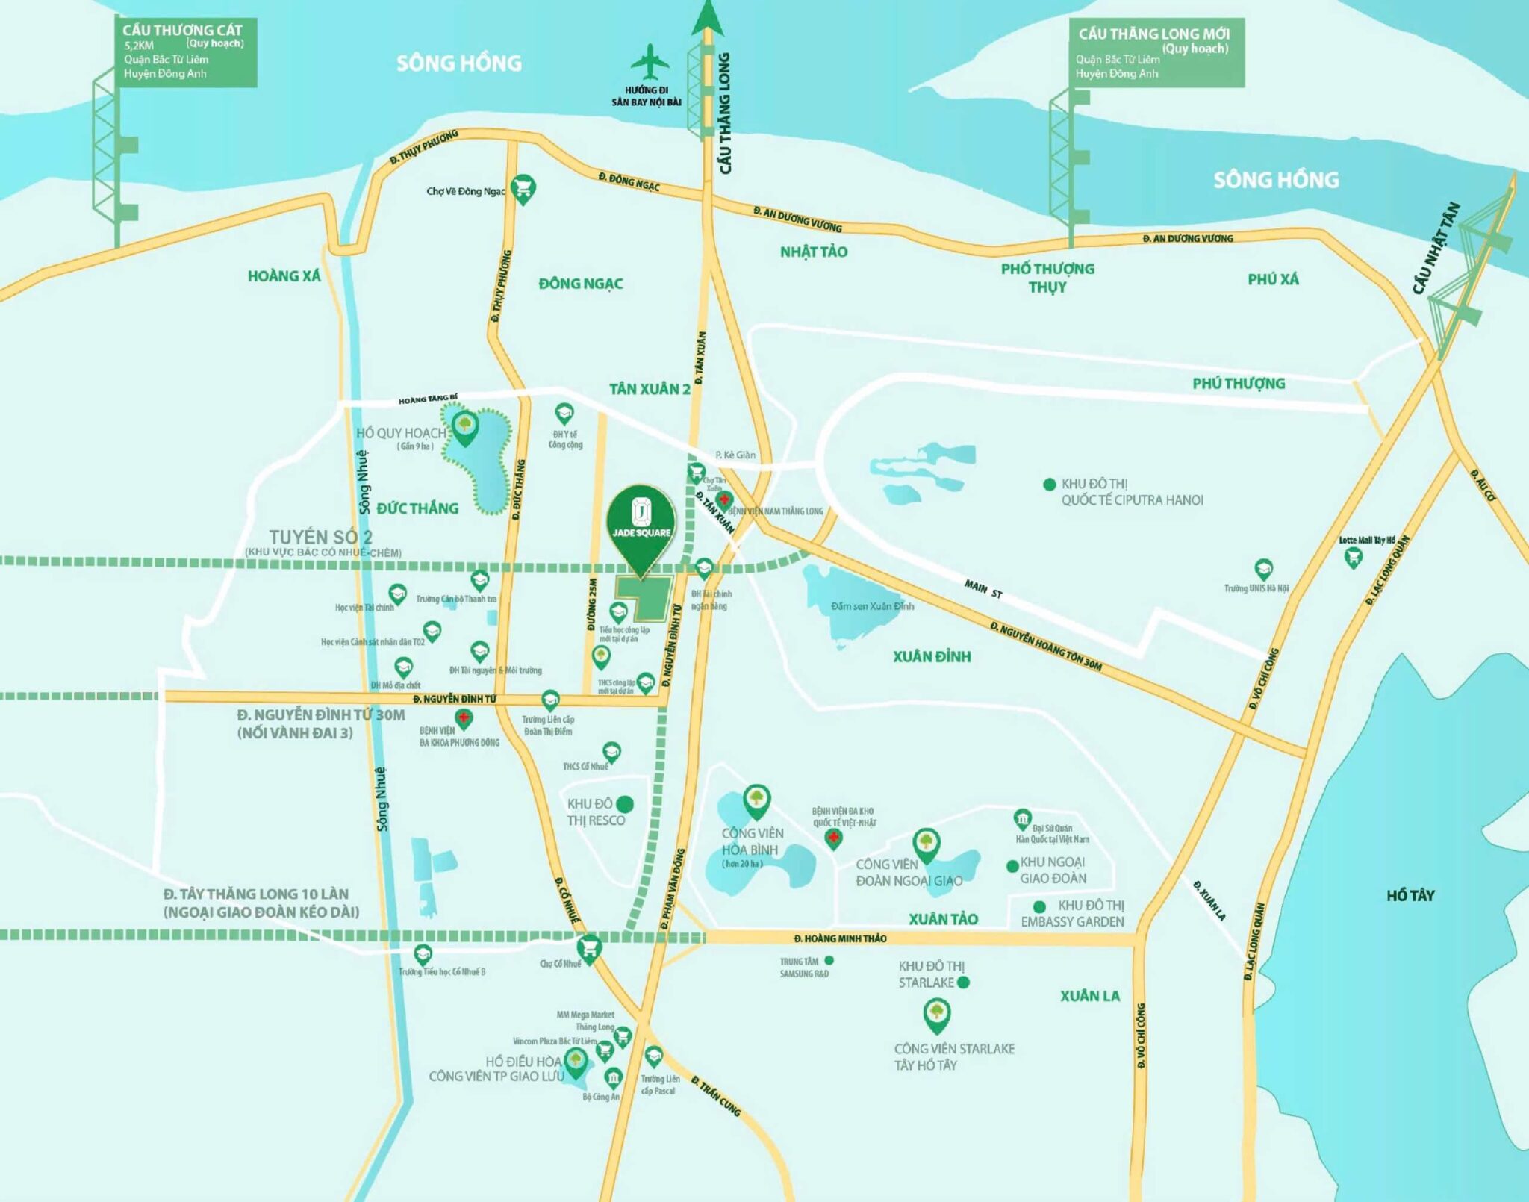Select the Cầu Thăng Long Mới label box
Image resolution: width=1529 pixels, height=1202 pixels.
pyautogui.click(x=1153, y=53)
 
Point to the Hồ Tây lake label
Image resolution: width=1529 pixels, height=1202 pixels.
pyautogui.click(x=1410, y=895)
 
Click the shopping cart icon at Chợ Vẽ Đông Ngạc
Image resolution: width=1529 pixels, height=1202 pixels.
pyautogui.click(x=523, y=187)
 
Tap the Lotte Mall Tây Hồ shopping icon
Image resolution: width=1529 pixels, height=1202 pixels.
pyautogui.click(x=1352, y=556)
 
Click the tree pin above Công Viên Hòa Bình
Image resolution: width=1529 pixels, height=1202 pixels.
pyautogui.click(x=756, y=799)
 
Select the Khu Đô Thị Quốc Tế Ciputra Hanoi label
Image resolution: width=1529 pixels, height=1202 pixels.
pyautogui.click(x=1131, y=492)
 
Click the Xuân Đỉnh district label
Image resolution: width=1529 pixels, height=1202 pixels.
pyautogui.click(x=932, y=656)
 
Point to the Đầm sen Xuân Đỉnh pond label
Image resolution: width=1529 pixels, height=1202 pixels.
pyautogui.click(x=871, y=606)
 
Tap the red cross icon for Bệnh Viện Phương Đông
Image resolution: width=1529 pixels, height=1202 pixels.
pyautogui.click(x=464, y=719)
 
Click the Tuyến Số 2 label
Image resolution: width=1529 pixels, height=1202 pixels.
pyautogui.click(x=320, y=537)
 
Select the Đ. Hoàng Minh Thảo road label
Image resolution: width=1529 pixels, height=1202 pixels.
pyautogui.click(x=840, y=938)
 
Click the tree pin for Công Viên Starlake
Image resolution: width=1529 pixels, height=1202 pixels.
pyautogui.click(x=936, y=1013)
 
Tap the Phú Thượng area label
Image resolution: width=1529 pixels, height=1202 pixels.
pyautogui.click(x=1238, y=383)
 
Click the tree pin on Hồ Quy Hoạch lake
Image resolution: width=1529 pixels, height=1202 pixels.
pyautogui.click(x=465, y=426)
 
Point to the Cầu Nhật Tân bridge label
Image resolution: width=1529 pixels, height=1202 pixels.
pyautogui.click(x=1434, y=249)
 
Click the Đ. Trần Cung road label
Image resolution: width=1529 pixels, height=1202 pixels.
pyautogui.click(x=715, y=1096)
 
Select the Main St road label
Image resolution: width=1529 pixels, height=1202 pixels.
pyautogui.click(x=983, y=589)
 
